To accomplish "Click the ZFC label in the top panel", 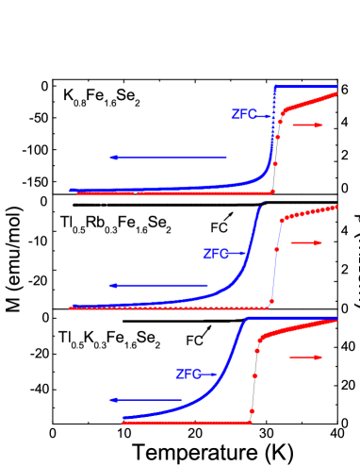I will point(243,114).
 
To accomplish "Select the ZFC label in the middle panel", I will point(216,254).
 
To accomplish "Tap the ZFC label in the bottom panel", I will point(188,374).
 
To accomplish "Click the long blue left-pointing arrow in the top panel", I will point(169,158).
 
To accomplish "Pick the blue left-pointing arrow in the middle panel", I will point(158,285).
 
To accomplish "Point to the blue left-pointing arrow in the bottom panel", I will point(146,400).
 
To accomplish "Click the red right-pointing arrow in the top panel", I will point(307,125).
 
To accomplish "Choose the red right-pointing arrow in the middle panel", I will point(306,242).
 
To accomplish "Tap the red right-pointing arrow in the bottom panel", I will point(306,358).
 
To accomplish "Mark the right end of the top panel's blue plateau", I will point(336,87).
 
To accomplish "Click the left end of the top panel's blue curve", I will point(72,190).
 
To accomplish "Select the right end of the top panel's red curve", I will point(336,92).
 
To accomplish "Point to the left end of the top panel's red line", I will point(78,193).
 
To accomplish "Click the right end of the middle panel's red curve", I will point(336,207).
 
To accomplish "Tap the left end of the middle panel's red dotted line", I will point(72,308).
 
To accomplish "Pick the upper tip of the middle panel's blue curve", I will point(261,205).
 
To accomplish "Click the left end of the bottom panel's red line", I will point(123,423).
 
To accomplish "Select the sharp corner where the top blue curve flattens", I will point(275,87).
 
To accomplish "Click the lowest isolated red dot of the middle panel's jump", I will point(271,301).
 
